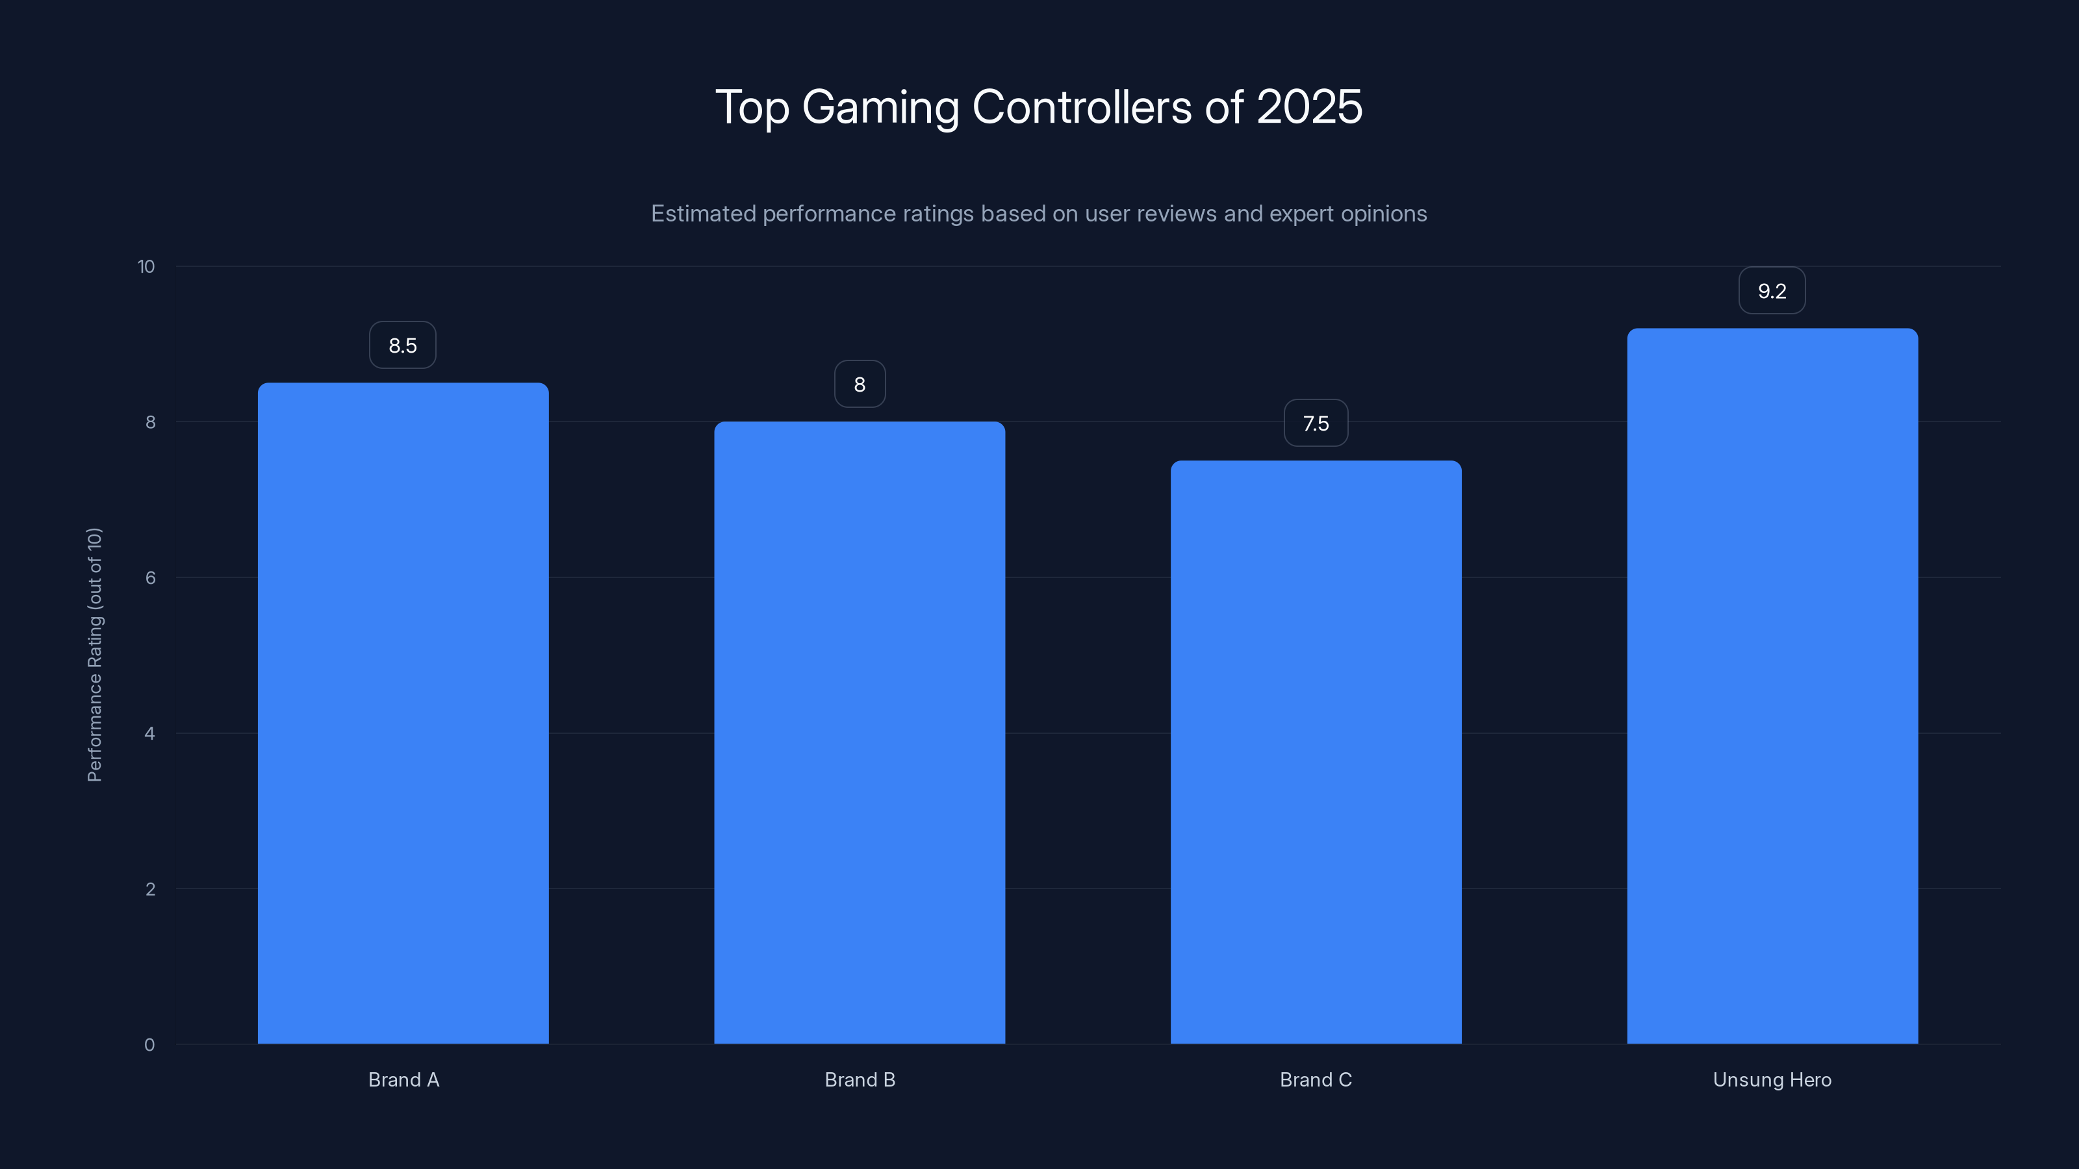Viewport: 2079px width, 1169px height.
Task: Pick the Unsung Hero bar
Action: [1772, 686]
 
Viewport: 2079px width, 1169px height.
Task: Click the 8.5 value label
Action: [403, 346]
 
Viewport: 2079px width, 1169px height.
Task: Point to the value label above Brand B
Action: [860, 384]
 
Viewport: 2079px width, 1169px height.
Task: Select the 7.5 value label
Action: [1316, 423]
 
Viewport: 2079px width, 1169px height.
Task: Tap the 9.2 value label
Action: [1772, 290]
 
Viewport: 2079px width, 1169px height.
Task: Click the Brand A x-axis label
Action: [403, 1079]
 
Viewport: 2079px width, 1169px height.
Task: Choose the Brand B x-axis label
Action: [860, 1079]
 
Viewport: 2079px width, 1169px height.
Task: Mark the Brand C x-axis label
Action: [1316, 1079]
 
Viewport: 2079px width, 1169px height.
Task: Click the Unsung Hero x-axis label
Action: [1772, 1079]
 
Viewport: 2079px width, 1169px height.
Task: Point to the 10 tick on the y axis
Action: [146, 266]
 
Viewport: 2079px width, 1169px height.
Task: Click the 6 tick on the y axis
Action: [150, 577]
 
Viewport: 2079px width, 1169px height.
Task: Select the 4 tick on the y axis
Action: [150, 733]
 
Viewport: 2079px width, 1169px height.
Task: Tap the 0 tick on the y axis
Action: [150, 1045]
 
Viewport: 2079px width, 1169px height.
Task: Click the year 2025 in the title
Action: [1309, 107]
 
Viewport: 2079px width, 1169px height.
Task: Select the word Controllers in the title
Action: [1082, 107]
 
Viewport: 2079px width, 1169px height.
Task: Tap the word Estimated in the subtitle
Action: [703, 214]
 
